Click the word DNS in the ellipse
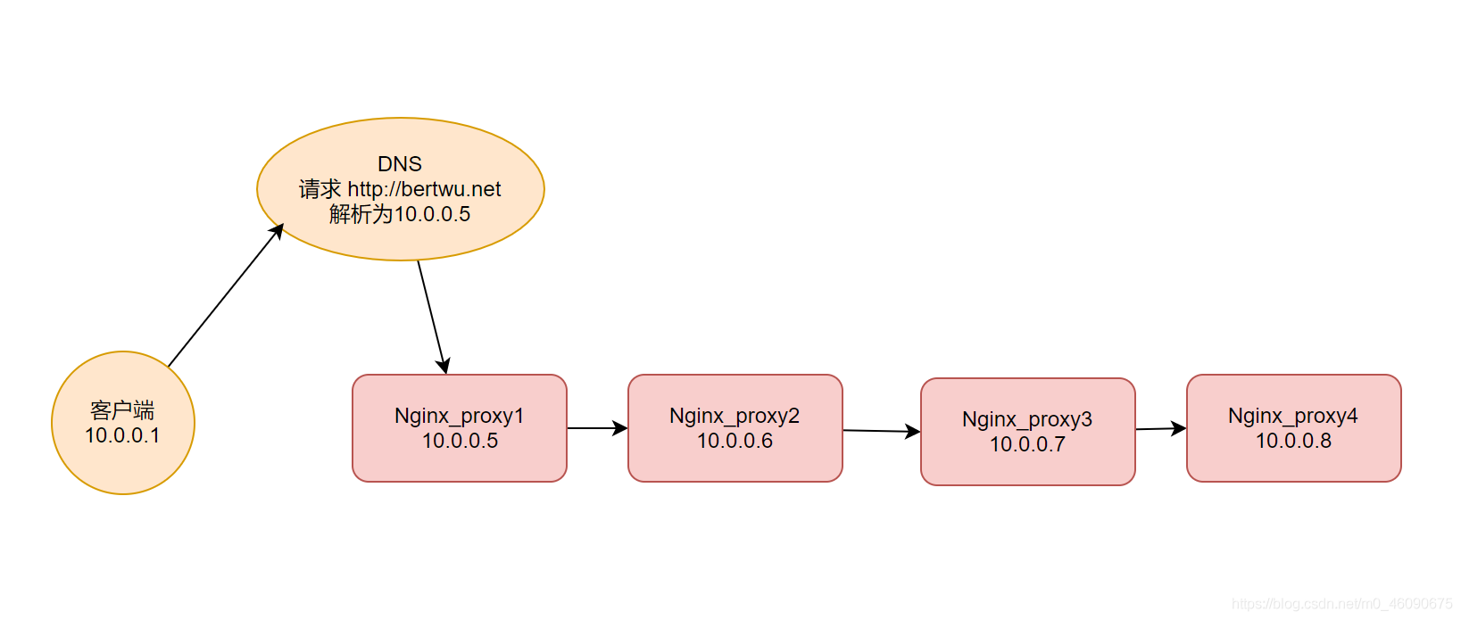(x=400, y=163)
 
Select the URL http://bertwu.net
(x=424, y=189)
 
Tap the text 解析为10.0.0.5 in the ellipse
(x=400, y=214)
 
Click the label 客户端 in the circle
(x=122, y=410)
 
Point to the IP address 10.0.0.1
(x=122, y=435)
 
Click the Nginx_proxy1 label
(x=459, y=417)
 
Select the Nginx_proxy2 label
(x=735, y=417)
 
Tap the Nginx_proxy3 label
(x=1027, y=420)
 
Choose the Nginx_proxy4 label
(x=1293, y=417)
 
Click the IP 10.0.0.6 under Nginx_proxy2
(x=735, y=442)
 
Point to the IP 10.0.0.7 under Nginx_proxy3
(x=1028, y=444)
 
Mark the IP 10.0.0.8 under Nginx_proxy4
(x=1294, y=442)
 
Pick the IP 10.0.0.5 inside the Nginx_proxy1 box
(x=460, y=442)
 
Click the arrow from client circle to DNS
(x=226, y=294)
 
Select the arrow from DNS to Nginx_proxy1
(x=432, y=317)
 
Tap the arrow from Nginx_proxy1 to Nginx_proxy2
(x=597, y=428)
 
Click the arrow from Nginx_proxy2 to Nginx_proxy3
(x=882, y=431)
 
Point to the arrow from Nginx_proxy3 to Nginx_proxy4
(x=1161, y=428)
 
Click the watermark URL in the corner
(x=1341, y=604)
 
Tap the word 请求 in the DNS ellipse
(x=320, y=189)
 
